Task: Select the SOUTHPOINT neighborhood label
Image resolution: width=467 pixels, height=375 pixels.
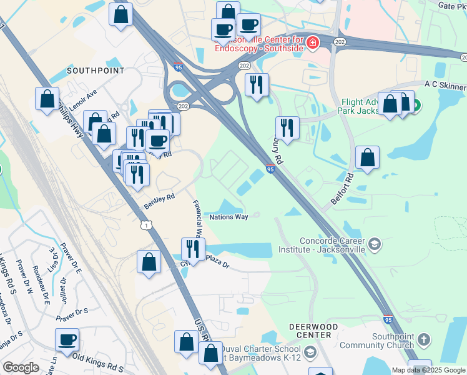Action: tap(95, 71)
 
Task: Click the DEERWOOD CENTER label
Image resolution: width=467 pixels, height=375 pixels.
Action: tap(313, 331)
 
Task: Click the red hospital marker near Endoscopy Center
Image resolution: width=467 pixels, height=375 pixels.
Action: tap(312, 42)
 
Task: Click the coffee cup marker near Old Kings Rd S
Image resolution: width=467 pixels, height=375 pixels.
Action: tap(67, 341)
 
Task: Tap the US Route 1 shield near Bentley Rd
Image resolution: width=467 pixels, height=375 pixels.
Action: tap(146, 225)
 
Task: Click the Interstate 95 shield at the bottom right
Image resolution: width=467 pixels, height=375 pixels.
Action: tap(388, 319)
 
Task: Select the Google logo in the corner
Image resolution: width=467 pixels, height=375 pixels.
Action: tap(21, 367)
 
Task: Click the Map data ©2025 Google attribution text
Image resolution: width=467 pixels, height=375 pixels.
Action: tap(428, 370)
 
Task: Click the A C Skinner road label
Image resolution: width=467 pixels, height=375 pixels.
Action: tap(445, 84)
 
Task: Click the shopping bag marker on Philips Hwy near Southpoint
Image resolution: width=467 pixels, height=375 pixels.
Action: tap(47, 99)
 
